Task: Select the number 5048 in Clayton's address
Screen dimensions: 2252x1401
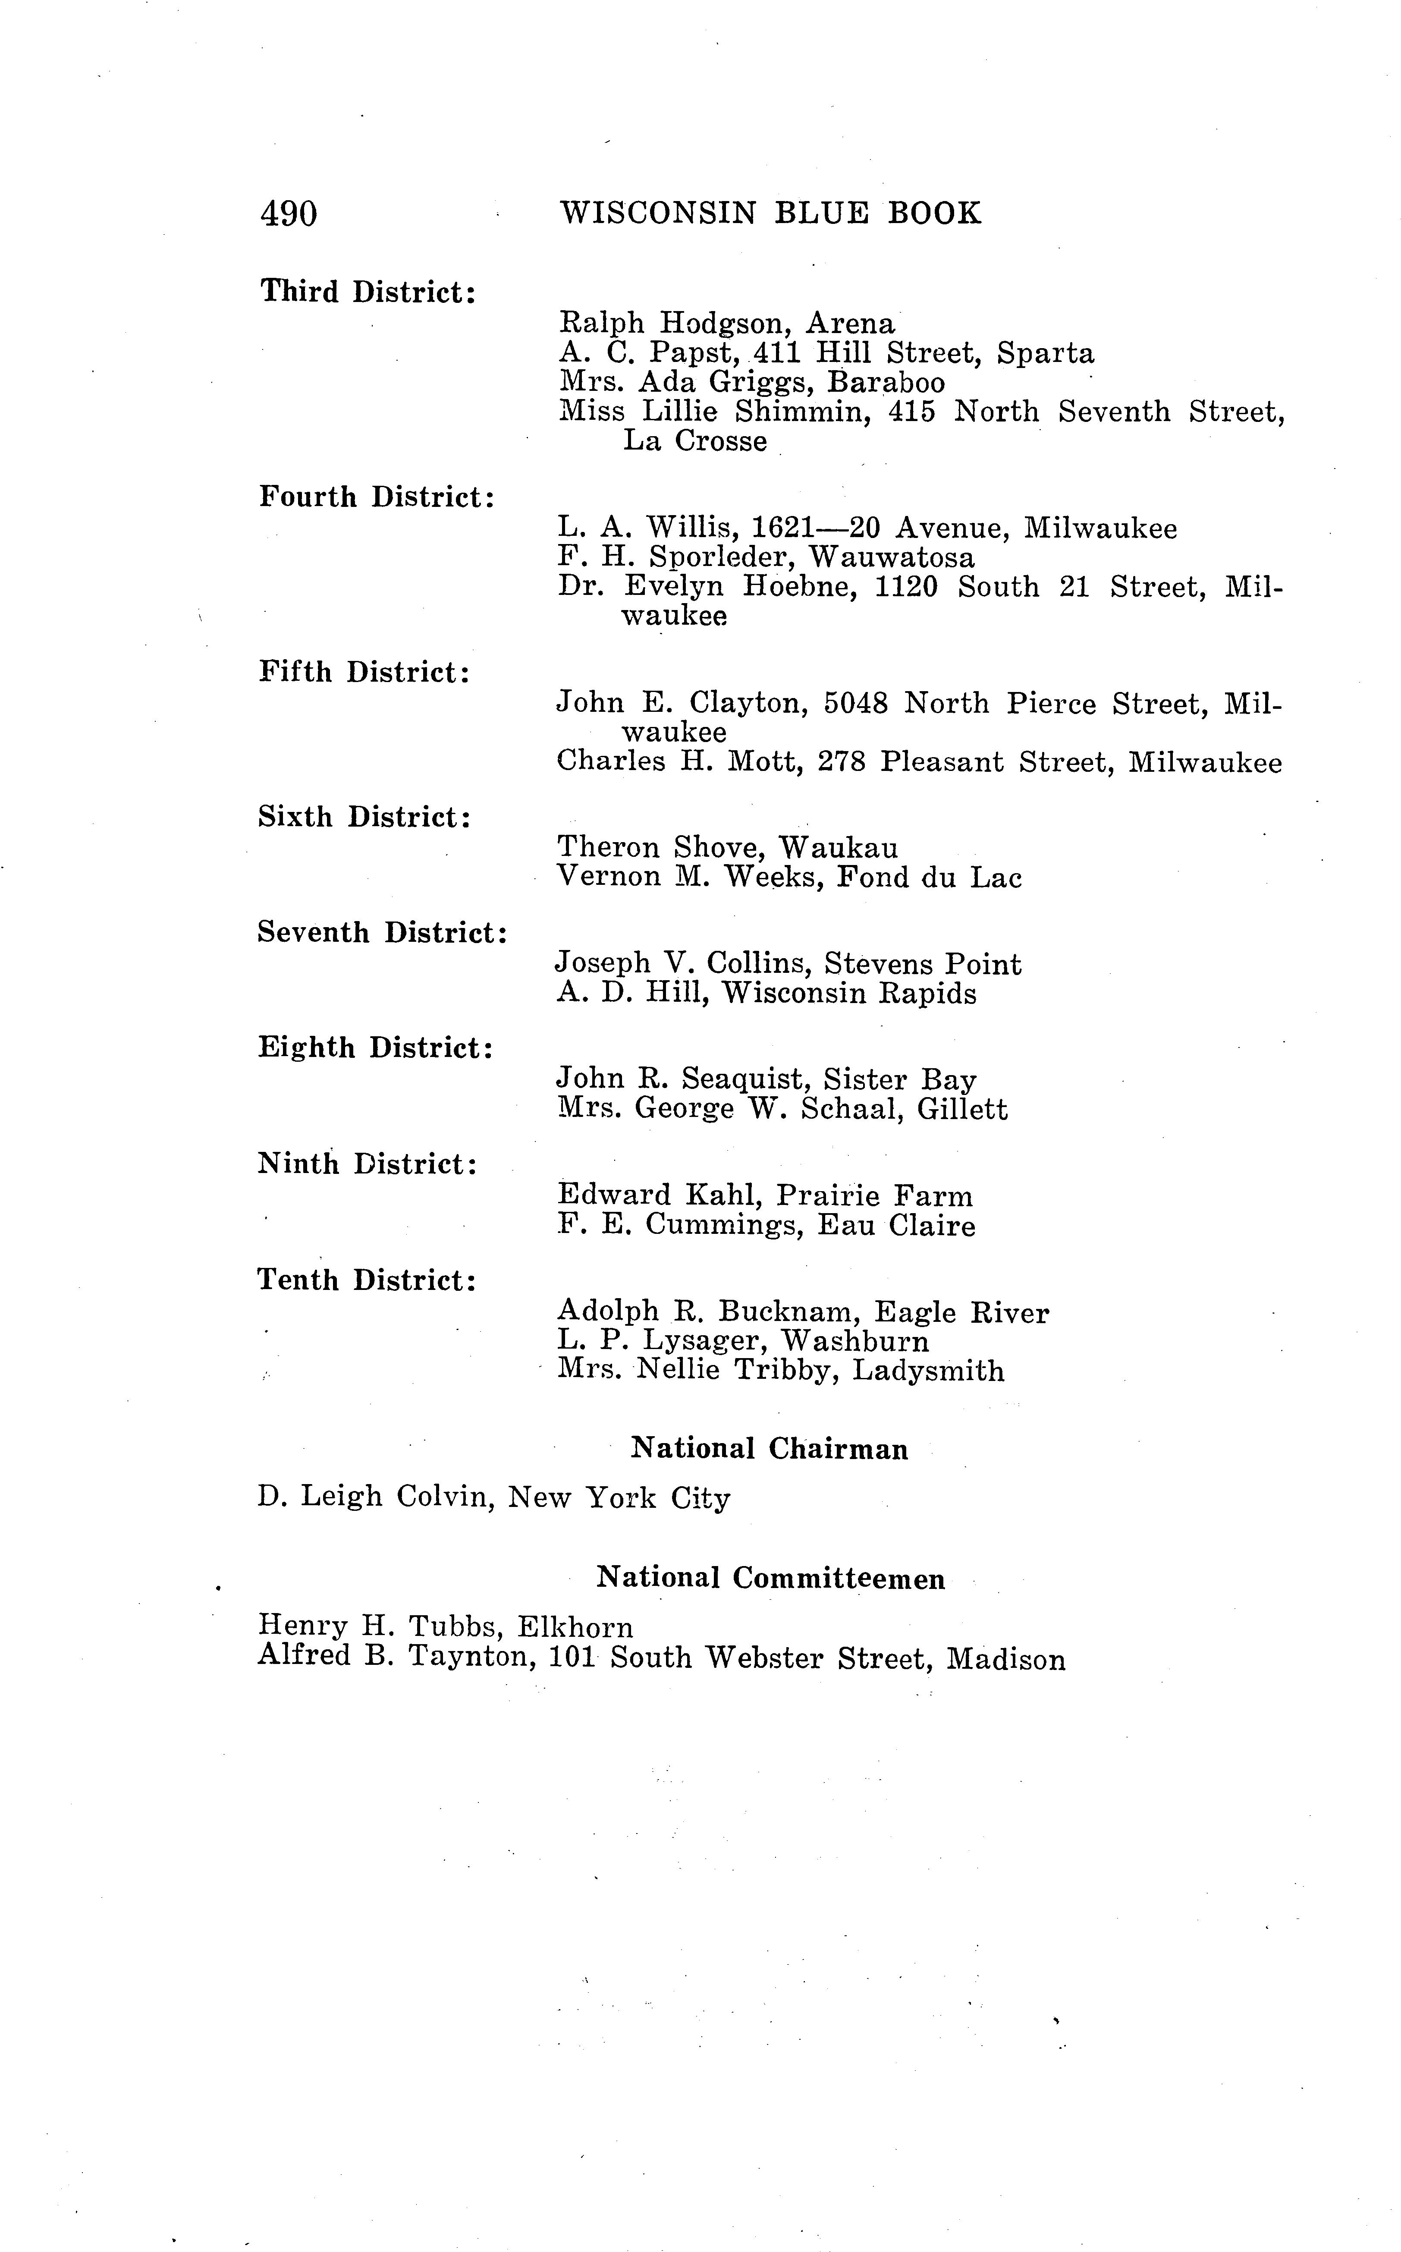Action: (855, 703)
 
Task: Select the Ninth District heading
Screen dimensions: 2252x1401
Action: (367, 1164)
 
